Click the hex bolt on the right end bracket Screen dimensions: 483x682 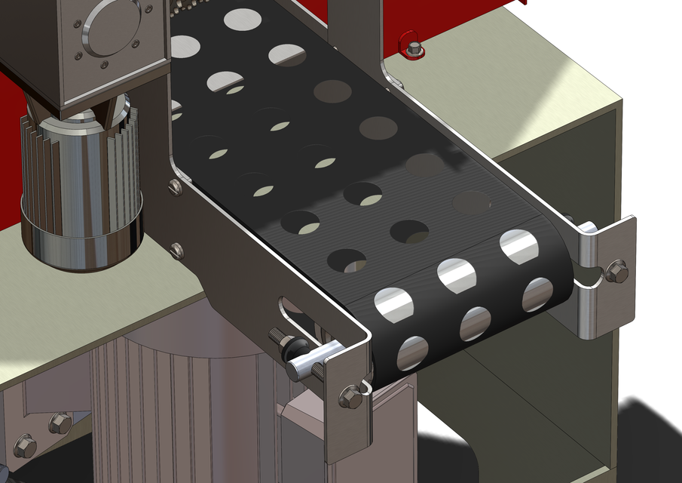tap(616, 271)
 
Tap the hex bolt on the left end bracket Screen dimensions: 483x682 tap(350, 395)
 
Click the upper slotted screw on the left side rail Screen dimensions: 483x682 tap(175, 186)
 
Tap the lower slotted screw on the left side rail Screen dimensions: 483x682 tap(177, 250)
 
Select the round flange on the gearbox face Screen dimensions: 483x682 tap(112, 28)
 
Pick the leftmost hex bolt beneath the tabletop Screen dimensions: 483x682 tap(25, 445)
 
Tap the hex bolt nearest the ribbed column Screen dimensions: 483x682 tap(60, 423)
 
